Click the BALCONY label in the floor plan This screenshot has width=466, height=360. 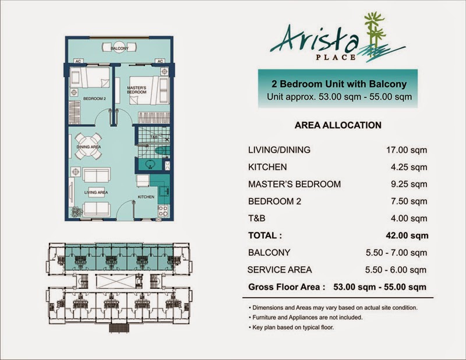(119, 48)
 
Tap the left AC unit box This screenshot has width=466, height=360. (78, 61)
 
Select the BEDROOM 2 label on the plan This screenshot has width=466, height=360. (94, 98)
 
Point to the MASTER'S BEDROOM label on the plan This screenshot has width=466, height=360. (137, 90)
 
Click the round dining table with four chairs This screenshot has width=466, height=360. (89, 146)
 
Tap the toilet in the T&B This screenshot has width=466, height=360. (162, 151)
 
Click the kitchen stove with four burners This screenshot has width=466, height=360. (163, 211)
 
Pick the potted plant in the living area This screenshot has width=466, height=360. (77, 212)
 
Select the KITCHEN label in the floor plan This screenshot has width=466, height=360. (146, 197)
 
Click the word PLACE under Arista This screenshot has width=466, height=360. (336, 57)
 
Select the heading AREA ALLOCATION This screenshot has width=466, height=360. (338, 125)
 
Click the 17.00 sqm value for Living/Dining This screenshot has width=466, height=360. (407, 150)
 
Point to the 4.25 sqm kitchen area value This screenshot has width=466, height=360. (409, 167)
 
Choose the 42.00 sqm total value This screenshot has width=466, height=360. (407, 235)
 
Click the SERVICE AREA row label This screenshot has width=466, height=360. (280, 270)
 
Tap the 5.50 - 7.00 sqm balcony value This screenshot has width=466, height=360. (397, 253)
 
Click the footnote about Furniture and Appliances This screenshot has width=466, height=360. (305, 317)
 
